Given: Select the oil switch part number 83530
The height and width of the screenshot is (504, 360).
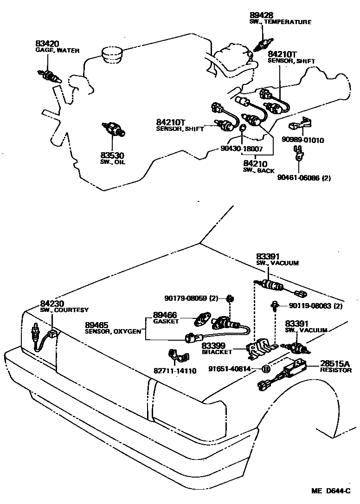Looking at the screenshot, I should tap(113, 155).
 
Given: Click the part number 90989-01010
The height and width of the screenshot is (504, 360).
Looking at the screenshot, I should tap(303, 140).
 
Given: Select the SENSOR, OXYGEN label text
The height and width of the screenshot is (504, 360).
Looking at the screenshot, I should tap(113, 331).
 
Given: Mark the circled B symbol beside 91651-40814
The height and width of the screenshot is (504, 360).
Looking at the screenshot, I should tap(266, 369).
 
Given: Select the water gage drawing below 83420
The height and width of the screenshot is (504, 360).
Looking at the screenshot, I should tap(49, 75).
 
